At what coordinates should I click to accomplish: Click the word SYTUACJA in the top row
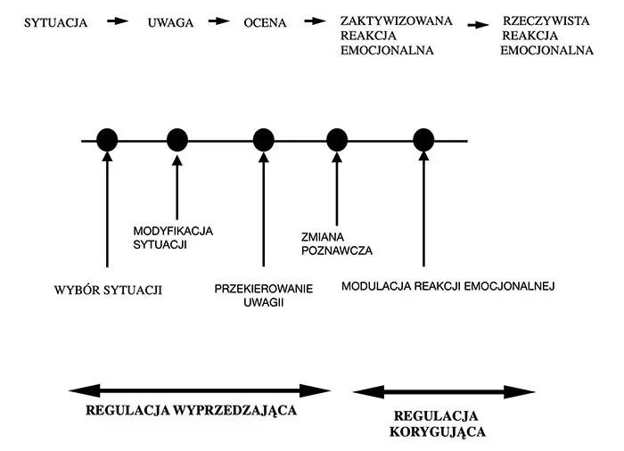tap(56, 22)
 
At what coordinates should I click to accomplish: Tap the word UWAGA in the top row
tap(170, 22)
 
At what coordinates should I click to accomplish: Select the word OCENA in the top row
tap(265, 22)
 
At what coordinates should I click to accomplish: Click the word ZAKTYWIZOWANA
tap(397, 20)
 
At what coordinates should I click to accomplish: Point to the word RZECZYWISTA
tap(546, 20)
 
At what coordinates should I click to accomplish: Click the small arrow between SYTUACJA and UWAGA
tap(118, 20)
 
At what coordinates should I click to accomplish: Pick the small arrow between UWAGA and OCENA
tap(217, 20)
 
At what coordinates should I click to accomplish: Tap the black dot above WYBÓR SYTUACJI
tap(106, 139)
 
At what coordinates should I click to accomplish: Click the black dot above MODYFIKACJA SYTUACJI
tap(177, 139)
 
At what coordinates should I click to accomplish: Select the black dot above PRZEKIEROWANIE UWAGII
tap(263, 139)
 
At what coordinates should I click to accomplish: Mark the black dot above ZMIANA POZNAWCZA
tap(336, 139)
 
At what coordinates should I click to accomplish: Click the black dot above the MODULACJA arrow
tap(423, 139)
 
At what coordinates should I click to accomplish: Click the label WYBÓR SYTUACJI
tap(108, 290)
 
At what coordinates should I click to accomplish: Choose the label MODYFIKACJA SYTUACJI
tap(173, 237)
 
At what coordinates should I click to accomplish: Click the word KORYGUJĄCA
tap(437, 432)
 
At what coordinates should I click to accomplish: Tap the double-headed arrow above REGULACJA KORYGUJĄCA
tap(444, 391)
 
